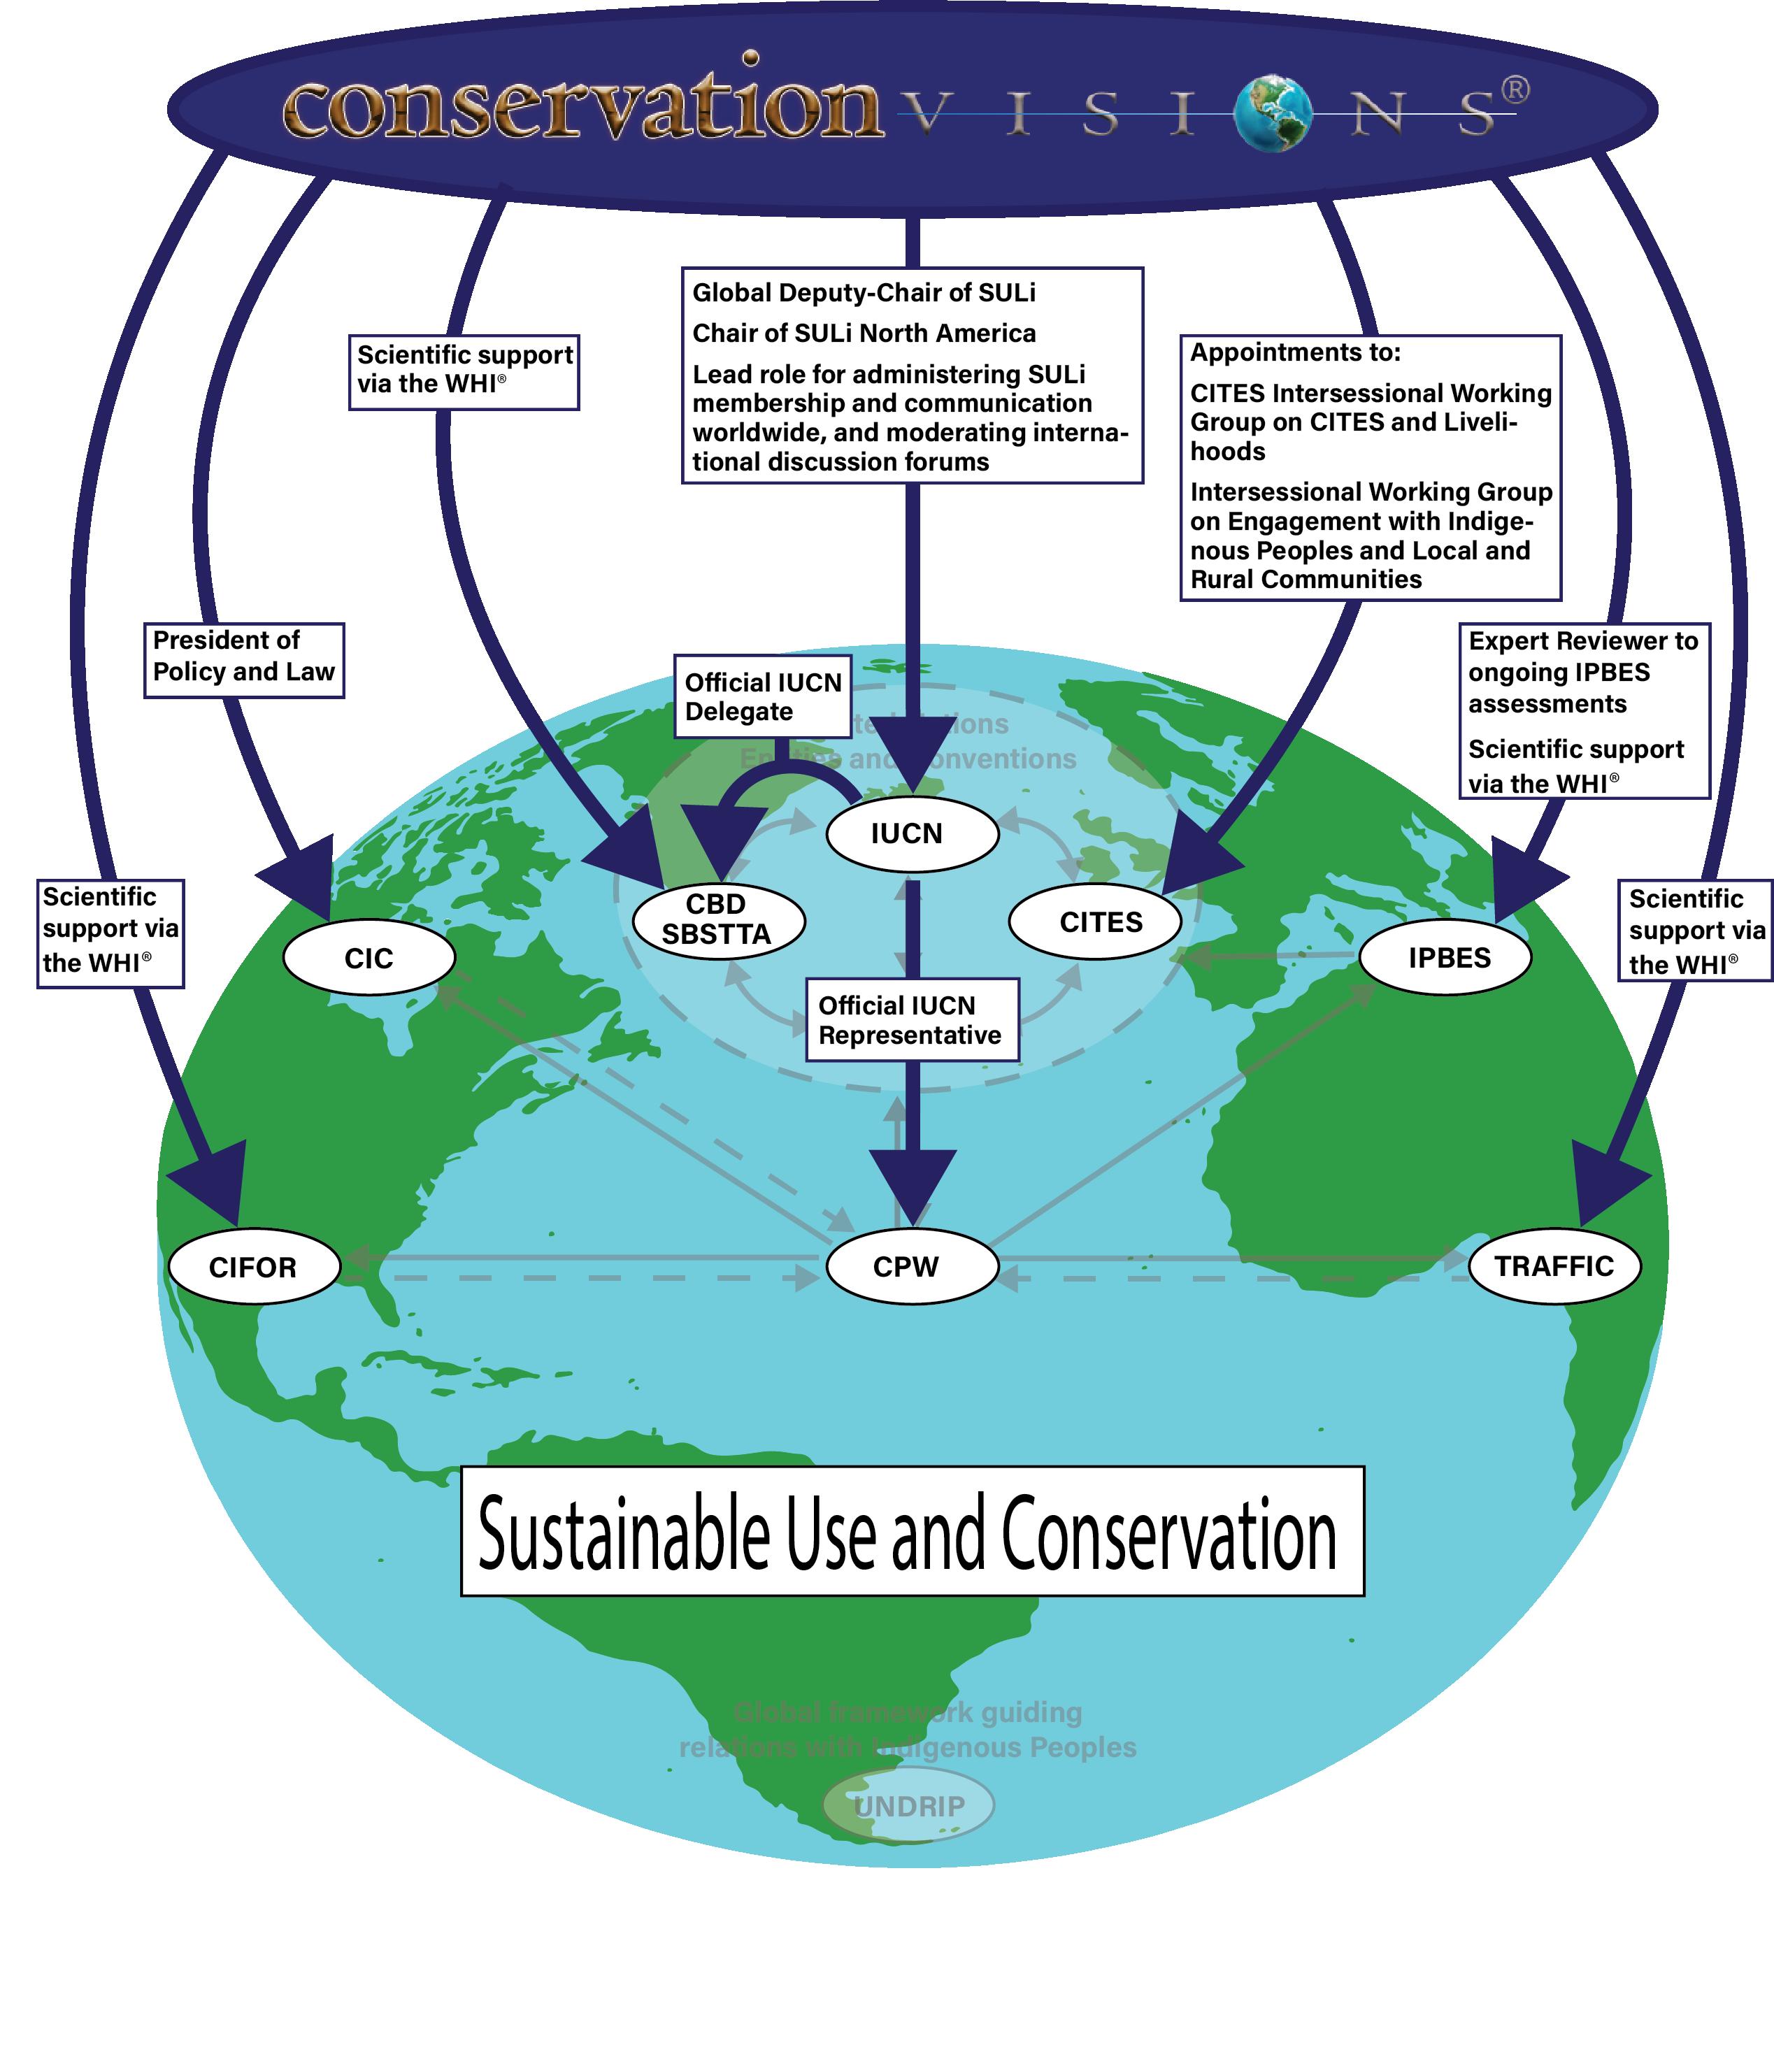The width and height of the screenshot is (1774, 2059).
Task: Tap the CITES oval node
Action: coord(1095,922)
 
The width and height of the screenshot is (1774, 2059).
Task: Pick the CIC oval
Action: coord(369,958)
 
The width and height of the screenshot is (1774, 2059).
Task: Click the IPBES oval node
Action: coord(1445,958)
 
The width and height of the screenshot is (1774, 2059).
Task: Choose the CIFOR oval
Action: coord(253,1267)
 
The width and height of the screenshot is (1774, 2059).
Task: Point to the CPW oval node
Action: coord(911,1267)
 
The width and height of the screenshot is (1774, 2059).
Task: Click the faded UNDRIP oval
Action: coord(908,1806)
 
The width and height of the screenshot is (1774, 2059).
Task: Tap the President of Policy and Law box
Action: coord(243,661)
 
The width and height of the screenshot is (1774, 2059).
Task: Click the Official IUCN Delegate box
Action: coord(762,696)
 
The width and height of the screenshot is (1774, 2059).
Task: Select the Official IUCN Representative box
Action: coord(911,1019)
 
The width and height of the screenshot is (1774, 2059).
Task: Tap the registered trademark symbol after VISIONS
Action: coord(1514,90)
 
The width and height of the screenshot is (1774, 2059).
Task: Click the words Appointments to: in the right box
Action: coord(1295,353)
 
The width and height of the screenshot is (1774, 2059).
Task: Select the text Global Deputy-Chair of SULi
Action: coord(864,293)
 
